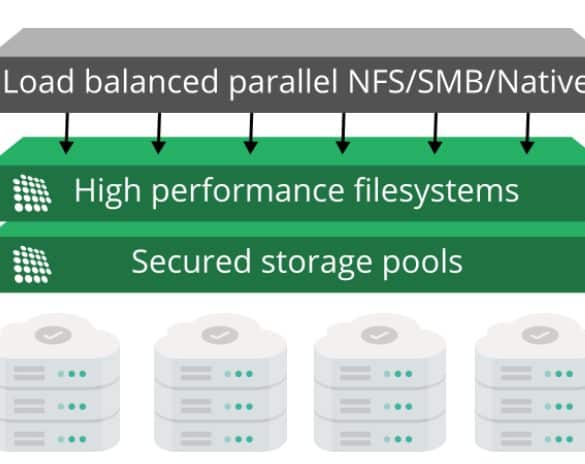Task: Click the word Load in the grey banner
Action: click(39, 81)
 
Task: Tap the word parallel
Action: click(283, 83)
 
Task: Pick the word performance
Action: click(248, 192)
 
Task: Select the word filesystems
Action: click(437, 191)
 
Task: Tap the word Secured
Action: click(191, 262)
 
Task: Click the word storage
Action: click(316, 263)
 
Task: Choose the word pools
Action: click(423, 263)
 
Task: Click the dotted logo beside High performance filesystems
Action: click(32, 193)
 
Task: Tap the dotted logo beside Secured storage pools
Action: click(32, 264)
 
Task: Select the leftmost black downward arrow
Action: click(67, 133)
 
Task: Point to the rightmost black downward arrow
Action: click(527, 133)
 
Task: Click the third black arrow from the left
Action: click(251, 133)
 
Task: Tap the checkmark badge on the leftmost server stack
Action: click(53, 335)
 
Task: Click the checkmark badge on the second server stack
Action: click(220, 335)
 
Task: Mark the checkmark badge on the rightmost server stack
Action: click(540, 335)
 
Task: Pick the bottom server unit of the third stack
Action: click(380, 435)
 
